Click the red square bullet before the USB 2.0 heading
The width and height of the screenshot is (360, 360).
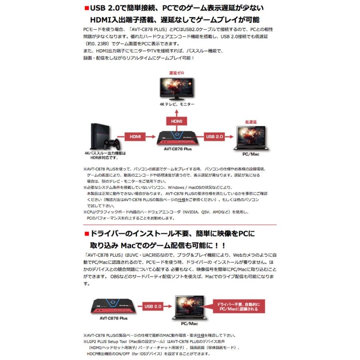pos(87,8)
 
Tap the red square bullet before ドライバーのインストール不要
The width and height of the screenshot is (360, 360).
pos(87,233)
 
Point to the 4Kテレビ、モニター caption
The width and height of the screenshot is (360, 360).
pos(176,104)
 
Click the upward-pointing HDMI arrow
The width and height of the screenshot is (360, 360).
pos(176,120)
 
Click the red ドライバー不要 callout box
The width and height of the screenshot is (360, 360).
pos(241,307)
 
